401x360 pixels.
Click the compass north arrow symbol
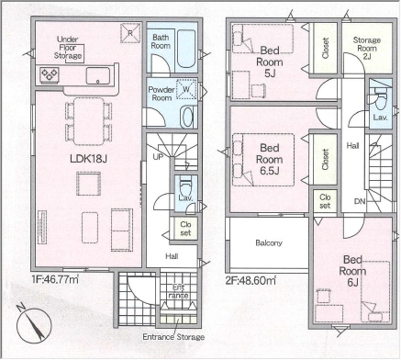click(x=34, y=323)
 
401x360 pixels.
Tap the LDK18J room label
click(x=88, y=159)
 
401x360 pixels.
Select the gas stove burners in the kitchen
click(x=50, y=74)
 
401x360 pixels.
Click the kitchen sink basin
click(x=98, y=75)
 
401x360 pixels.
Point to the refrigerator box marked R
click(x=130, y=33)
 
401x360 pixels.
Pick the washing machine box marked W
click(x=186, y=89)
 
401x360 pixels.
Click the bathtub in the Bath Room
click(x=186, y=49)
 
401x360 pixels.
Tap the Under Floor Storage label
click(x=68, y=48)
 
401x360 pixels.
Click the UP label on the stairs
click(x=158, y=157)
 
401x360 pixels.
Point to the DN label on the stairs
click(x=360, y=201)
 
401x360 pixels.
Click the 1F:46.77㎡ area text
click(x=55, y=279)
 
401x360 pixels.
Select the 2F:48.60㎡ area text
click(x=251, y=280)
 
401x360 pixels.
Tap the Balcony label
click(x=269, y=243)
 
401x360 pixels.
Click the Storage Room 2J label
click(x=367, y=49)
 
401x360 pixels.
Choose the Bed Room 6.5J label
click(x=270, y=159)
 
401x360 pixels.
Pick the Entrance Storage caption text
click(x=173, y=337)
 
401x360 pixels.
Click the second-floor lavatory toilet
click(x=380, y=100)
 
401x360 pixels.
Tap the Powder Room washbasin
click(x=187, y=117)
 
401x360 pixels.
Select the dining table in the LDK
click(x=89, y=121)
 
